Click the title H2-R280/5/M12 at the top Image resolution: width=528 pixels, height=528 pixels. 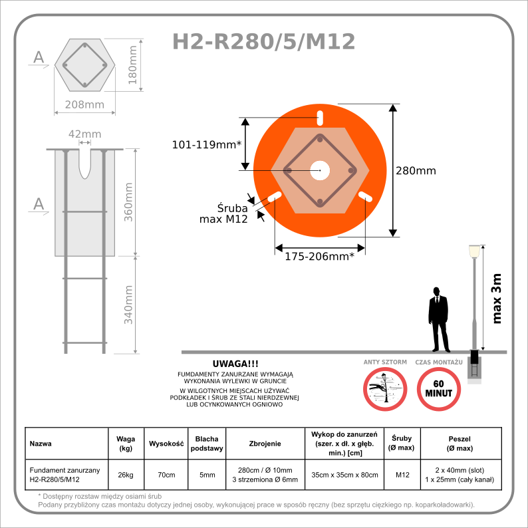[x=263, y=42]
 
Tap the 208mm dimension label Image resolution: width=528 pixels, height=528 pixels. [x=84, y=104]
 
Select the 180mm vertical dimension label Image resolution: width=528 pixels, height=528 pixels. [x=132, y=65]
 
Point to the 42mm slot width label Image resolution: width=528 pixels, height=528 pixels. [x=85, y=134]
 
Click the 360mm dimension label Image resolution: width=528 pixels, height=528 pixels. [x=128, y=202]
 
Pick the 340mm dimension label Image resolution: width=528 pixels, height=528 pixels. [x=128, y=305]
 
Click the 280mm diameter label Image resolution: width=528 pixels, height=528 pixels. [x=416, y=171]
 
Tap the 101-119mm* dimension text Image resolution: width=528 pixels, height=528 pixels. [x=207, y=145]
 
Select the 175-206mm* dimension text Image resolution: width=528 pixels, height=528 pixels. [x=320, y=257]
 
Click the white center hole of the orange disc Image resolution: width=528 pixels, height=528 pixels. [x=320, y=170]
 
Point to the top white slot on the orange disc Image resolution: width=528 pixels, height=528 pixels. [x=320, y=118]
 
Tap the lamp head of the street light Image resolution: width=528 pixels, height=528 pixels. [x=474, y=251]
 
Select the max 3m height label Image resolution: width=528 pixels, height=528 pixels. [x=497, y=299]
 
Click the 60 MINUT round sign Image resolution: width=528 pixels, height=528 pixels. [x=439, y=389]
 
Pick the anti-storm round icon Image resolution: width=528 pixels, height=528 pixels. [x=385, y=389]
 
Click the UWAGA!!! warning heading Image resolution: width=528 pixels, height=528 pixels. [x=235, y=364]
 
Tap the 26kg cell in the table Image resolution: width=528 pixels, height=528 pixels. [x=126, y=475]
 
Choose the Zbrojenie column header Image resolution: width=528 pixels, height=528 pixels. [x=265, y=444]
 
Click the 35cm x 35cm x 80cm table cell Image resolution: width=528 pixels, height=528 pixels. [x=344, y=475]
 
